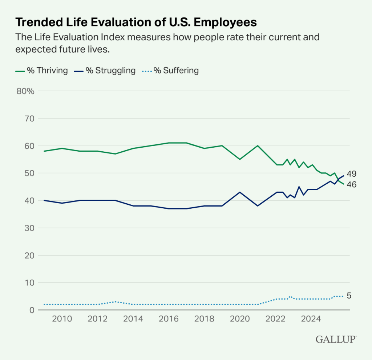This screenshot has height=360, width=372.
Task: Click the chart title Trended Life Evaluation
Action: click(x=136, y=23)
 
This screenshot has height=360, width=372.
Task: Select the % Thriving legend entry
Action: click(x=42, y=71)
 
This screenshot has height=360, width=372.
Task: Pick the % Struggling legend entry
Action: click(x=105, y=71)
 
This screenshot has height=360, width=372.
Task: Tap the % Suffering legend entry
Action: click(x=170, y=71)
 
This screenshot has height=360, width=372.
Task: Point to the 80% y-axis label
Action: click(x=25, y=91)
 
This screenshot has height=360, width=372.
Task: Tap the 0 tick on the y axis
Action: click(x=31, y=310)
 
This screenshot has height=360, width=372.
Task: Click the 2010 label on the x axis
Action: click(x=62, y=319)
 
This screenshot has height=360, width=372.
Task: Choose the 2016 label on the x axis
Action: click(x=169, y=319)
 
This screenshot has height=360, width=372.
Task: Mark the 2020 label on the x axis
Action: click(x=240, y=319)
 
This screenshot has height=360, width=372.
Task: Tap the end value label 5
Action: click(x=349, y=296)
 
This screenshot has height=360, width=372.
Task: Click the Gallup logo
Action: click(x=336, y=339)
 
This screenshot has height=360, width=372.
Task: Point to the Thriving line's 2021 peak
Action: click(x=258, y=145)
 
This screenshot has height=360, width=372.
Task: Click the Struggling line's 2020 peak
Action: click(x=240, y=192)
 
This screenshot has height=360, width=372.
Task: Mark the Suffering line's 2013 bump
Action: click(x=115, y=302)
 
